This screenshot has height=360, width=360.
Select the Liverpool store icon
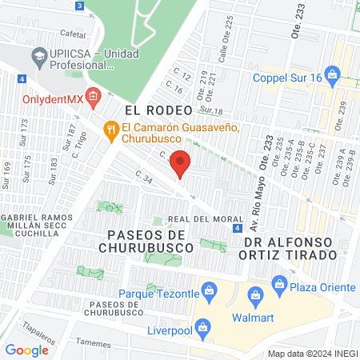202,328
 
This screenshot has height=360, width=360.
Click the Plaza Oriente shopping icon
279,282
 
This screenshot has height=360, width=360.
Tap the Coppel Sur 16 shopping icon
353,78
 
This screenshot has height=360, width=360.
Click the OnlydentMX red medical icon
93,99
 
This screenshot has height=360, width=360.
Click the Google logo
27,350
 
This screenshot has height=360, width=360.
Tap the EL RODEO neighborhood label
158,110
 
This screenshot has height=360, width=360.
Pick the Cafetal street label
73,34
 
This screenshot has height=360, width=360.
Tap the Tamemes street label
95,341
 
